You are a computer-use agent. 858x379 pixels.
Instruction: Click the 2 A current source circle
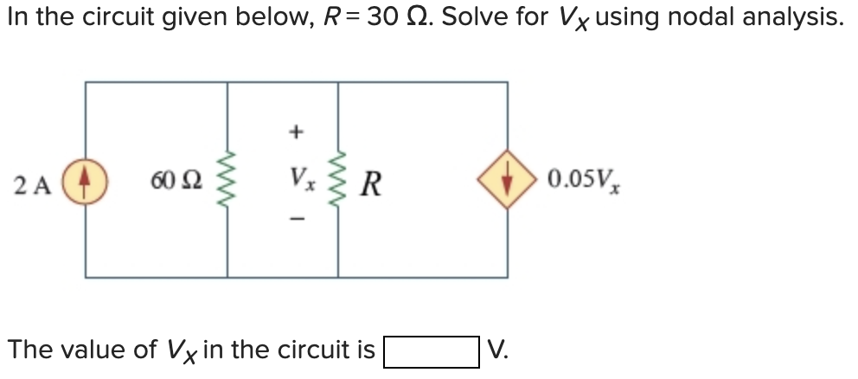click(86, 183)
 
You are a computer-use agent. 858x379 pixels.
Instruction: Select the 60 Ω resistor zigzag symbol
click(227, 182)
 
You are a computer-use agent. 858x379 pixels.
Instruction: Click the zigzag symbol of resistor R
click(338, 182)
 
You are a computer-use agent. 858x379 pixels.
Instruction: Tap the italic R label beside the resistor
click(373, 183)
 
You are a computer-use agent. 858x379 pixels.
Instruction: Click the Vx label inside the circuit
click(297, 182)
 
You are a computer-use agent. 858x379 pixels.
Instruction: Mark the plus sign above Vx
click(297, 132)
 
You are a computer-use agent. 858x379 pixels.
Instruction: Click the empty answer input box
click(431, 351)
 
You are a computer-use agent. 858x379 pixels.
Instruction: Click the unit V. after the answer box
click(496, 350)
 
